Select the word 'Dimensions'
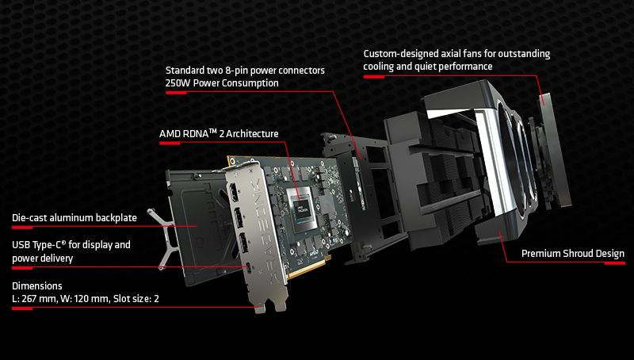tap(36, 285)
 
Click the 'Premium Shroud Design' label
tap(572, 254)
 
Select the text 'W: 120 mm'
tap(87, 298)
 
